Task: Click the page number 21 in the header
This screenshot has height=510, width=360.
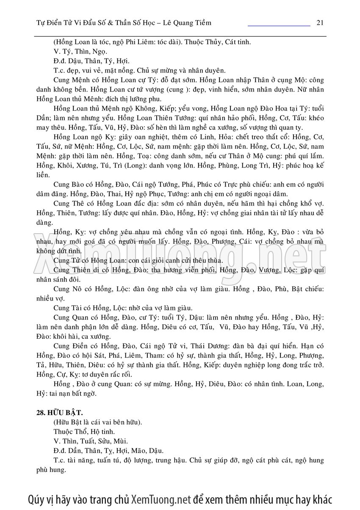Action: click(x=320, y=22)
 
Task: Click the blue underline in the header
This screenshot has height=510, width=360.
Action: click(x=279, y=26)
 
